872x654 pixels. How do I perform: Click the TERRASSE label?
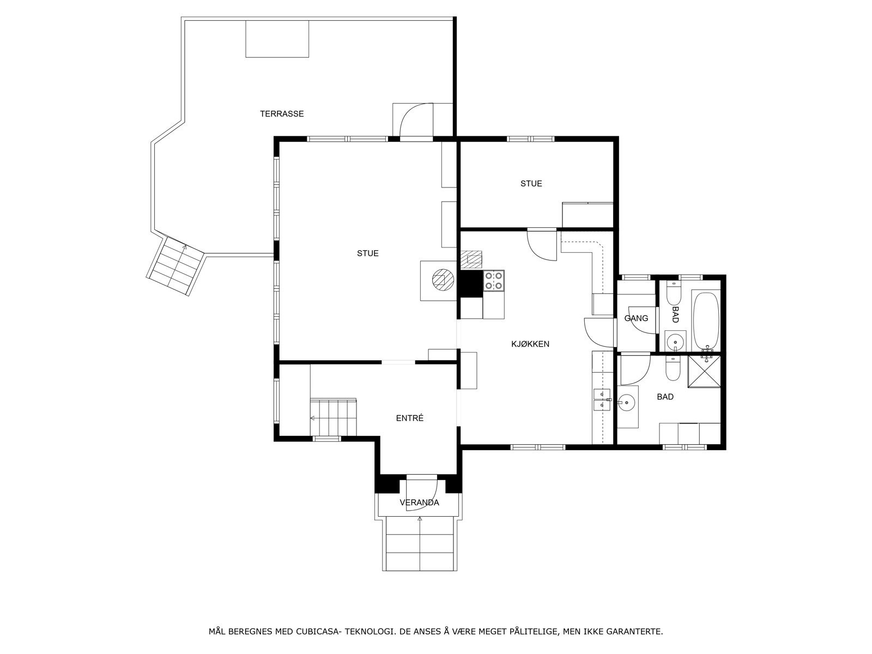[x=282, y=114]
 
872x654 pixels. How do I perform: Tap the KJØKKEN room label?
[x=530, y=344]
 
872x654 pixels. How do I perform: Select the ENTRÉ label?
[x=410, y=418]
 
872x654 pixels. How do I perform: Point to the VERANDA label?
[x=419, y=502]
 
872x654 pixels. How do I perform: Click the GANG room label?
[x=636, y=318]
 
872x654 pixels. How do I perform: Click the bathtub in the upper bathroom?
[x=706, y=321]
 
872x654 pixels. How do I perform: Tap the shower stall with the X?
[x=704, y=371]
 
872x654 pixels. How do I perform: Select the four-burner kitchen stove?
[x=494, y=281]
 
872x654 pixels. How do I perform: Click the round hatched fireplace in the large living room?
[x=443, y=280]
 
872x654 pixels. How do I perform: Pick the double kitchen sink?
[x=602, y=399]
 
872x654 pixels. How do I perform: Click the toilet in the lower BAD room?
[x=673, y=369]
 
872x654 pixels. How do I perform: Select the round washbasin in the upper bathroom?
[x=675, y=341]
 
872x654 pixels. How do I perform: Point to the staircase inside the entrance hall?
[x=334, y=417]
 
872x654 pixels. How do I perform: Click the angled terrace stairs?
[x=175, y=266]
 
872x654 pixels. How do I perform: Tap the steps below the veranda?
[x=420, y=543]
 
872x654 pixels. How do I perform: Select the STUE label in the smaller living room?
[x=531, y=184]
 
